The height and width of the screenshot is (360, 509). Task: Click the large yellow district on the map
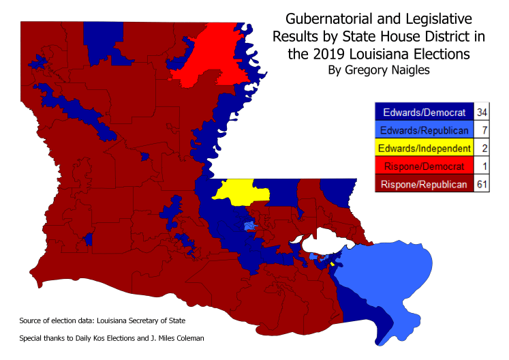[x=240, y=191]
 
